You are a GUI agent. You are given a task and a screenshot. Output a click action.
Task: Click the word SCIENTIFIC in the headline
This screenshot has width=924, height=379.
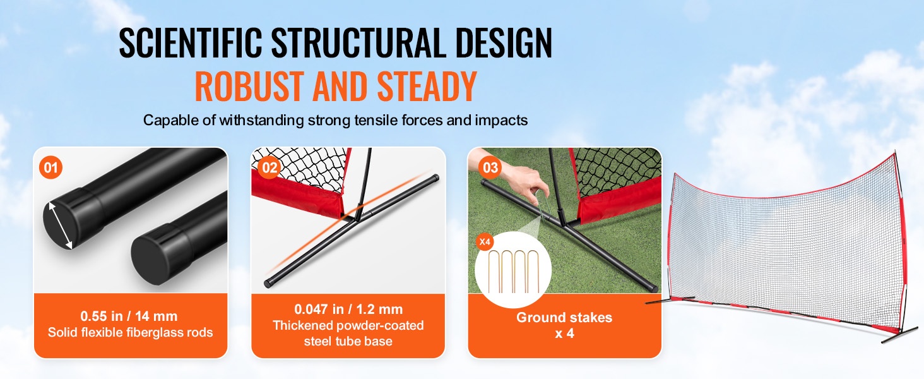click(x=191, y=42)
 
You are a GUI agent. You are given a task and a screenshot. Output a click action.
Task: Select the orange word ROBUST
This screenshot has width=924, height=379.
click(x=249, y=86)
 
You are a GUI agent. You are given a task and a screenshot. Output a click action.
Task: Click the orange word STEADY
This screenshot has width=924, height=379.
click(x=427, y=86)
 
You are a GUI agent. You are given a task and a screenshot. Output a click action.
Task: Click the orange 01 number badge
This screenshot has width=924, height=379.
click(x=50, y=167)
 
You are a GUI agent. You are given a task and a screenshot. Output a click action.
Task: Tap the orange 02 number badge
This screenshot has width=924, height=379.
click(x=269, y=167)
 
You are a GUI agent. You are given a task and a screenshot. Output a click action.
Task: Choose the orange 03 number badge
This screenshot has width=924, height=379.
click(x=490, y=167)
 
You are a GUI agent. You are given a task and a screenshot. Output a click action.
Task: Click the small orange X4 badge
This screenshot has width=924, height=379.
click(x=485, y=242)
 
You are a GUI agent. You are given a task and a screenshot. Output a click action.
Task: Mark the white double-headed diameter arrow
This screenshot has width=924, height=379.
click(x=61, y=226)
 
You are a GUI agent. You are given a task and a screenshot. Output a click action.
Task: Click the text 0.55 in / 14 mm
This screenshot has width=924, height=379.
click(x=129, y=316)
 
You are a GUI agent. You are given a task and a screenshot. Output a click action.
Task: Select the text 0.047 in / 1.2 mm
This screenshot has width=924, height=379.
click(x=348, y=310)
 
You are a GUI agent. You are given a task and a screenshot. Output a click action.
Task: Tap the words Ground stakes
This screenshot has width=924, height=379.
click(x=564, y=318)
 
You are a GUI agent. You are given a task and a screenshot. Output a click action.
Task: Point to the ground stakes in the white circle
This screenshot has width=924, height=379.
click(x=514, y=271)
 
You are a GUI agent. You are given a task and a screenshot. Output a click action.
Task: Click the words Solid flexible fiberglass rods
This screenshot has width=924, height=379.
click(x=131, y=332)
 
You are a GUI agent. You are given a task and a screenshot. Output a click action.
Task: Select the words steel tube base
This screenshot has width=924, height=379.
click(x=348, y=342)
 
